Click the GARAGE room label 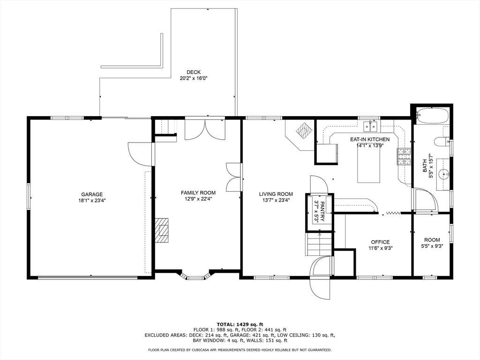(92, 195)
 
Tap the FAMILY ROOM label (198, 193)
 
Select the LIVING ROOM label (276, 194)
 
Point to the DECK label (194, 72)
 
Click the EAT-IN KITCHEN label (370, 140)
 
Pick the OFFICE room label (380, 242)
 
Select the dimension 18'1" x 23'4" (92, 201)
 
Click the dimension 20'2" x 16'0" (194, 78)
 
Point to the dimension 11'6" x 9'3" (380, 248)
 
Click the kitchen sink (370, 126)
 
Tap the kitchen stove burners (404, 157)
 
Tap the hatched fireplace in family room (162, 230)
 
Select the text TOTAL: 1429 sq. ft (240, 324)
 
